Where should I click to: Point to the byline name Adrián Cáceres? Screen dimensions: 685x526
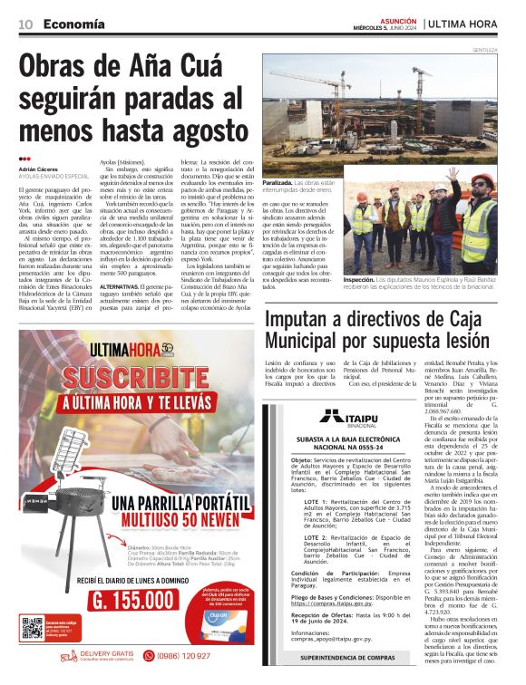point(39,169)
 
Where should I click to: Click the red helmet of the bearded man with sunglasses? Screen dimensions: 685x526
point(482,181)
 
